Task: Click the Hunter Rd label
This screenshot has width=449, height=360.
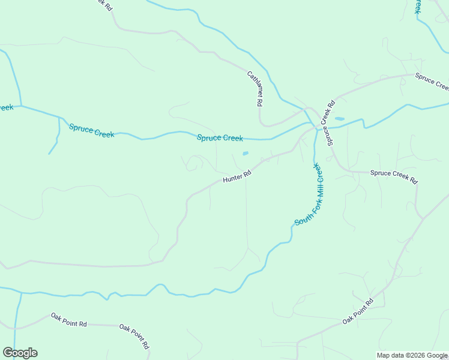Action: tap(236, 176)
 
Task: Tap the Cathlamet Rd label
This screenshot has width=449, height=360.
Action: tap(255, 89)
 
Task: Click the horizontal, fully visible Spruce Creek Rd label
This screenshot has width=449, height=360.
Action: tap(393, 176)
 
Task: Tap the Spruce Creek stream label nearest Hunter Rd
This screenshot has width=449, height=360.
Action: tap(220, 138)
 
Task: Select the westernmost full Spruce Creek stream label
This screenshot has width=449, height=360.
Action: tap(91, 130)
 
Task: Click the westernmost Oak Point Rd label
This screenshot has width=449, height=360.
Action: tap(68, 319)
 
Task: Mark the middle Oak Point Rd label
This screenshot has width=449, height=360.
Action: tap(134, 336)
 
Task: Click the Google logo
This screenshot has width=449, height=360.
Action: tap(20, 353)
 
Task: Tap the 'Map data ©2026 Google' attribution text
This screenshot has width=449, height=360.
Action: tap(412, 355)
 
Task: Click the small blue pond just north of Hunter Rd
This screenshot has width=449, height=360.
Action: tap(245, 154)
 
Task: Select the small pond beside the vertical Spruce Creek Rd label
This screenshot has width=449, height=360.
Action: tap(339, 119)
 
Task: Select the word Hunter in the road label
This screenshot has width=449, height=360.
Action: tap(232, 178)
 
